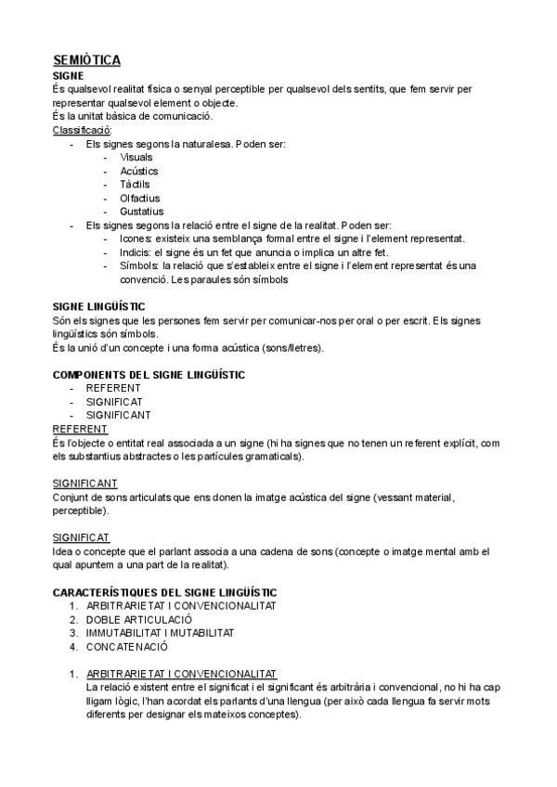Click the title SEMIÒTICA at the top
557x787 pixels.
point(87,60)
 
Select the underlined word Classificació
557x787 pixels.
point(82,130)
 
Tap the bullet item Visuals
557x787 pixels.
point(136,158)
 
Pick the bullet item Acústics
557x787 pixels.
point(139,171)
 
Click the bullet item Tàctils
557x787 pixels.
point(136,185)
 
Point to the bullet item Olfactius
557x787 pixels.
point(140,198)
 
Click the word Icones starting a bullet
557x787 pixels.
point(136,239)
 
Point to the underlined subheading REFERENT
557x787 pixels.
point(81,429)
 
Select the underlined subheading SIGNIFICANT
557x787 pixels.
point(85,484)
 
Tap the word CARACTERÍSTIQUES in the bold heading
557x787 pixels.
point(110,591)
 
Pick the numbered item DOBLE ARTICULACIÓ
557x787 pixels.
point(139,619)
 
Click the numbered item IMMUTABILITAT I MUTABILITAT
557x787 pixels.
point(161,632)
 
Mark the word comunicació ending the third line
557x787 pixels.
point(185,116)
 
